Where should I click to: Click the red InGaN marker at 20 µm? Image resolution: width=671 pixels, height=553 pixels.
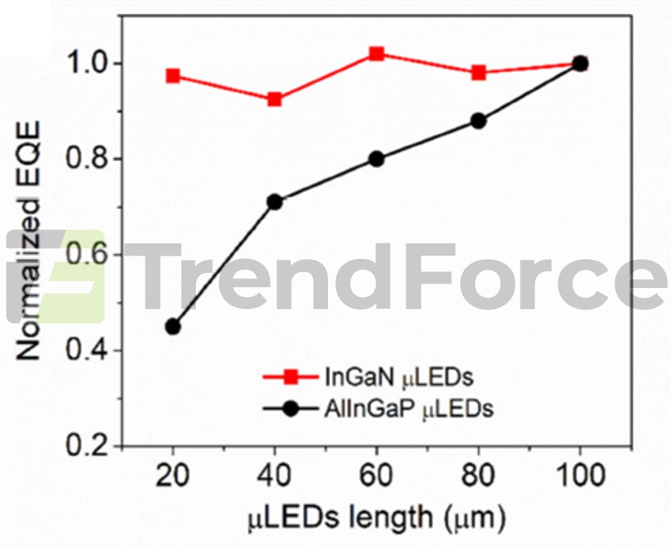[x=173, y=75]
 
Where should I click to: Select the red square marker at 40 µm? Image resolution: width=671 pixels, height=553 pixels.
[x=274, y=99]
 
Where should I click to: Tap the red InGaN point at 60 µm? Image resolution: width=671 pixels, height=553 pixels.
[x=377, y=54]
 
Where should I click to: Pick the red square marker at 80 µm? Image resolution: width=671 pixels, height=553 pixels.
[x=479, y=72]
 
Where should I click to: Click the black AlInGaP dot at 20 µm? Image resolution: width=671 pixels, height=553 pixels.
[x=173, y=326]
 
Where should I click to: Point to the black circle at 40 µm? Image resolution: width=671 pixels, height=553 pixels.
[x=274, y=201]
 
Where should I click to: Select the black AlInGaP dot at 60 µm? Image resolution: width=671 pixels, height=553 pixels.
[x=377, y=158]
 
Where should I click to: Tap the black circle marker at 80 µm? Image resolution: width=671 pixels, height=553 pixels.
[x=479, y=121]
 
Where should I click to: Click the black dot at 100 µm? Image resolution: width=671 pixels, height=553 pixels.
[x=580, y=63]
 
